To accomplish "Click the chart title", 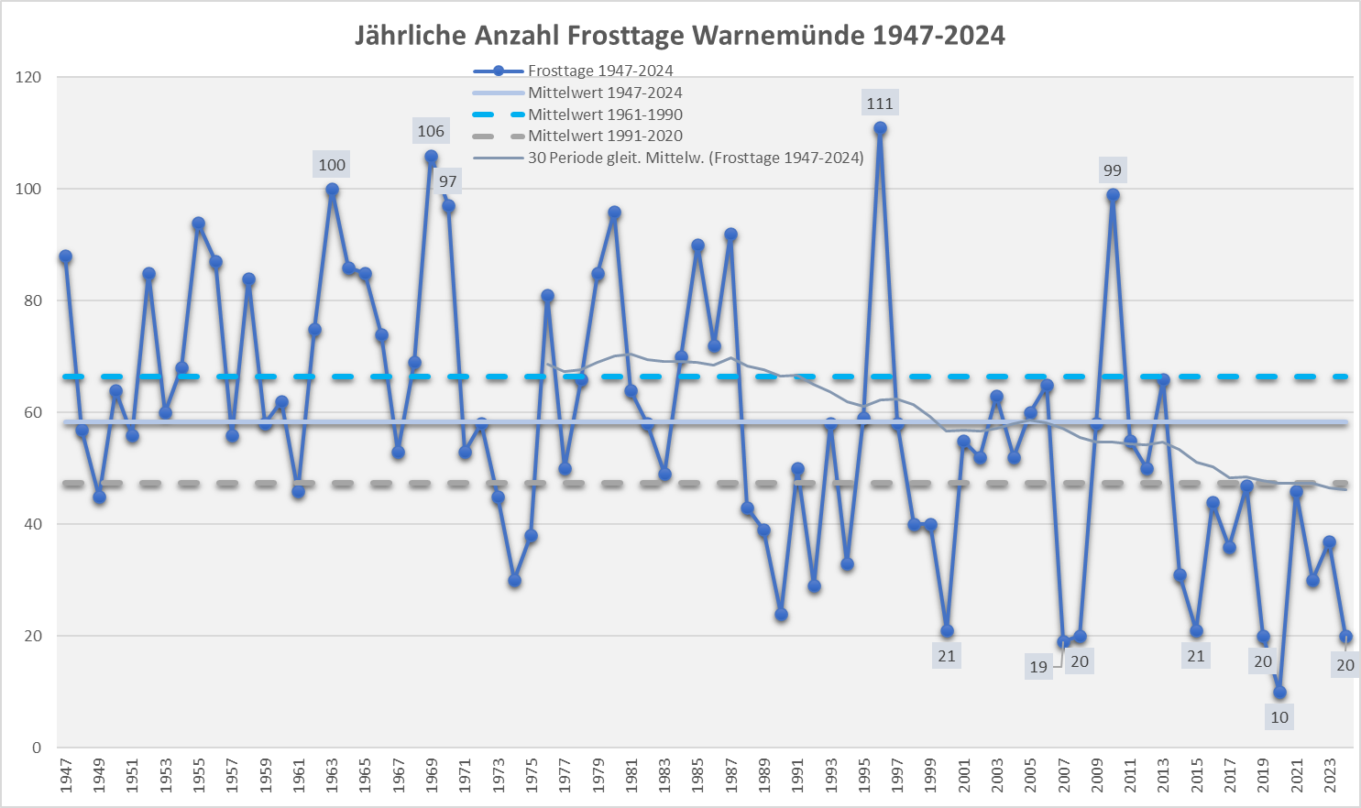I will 679,36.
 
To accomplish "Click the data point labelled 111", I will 880,128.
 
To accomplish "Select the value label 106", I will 431,131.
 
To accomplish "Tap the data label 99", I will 1112,170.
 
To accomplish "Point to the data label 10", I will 1279,717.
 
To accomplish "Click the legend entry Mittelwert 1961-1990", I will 605,115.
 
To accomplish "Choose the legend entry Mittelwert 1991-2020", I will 605,136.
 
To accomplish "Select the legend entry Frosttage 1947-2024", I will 600,71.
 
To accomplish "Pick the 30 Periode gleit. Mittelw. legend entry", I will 696,158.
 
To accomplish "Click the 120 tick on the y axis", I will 28,77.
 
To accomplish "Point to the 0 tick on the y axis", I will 37,748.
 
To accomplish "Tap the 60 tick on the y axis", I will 32,412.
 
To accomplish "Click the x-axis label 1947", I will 66,775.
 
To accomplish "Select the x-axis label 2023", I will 1330,775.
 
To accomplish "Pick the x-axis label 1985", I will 697,775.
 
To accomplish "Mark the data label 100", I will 332,165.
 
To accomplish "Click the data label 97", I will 447,181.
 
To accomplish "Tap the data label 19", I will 1037,667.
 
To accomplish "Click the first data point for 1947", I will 65,257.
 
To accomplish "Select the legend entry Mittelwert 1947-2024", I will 605,93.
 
